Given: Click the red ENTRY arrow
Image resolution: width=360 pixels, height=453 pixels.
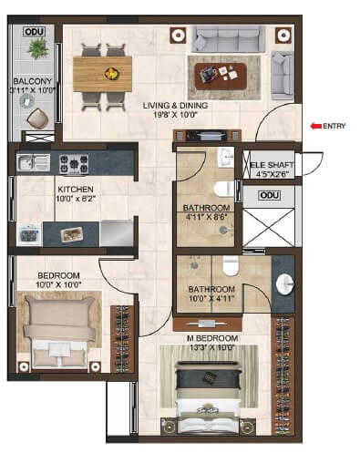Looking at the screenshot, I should [314, 126].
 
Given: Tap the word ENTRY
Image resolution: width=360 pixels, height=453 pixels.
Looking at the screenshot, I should [334, 126].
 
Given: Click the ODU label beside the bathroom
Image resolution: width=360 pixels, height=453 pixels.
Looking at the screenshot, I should [269, 195].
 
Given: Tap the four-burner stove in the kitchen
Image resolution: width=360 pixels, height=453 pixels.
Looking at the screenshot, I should [74, 164].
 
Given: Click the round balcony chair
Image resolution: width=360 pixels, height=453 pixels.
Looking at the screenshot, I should [38, 117].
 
